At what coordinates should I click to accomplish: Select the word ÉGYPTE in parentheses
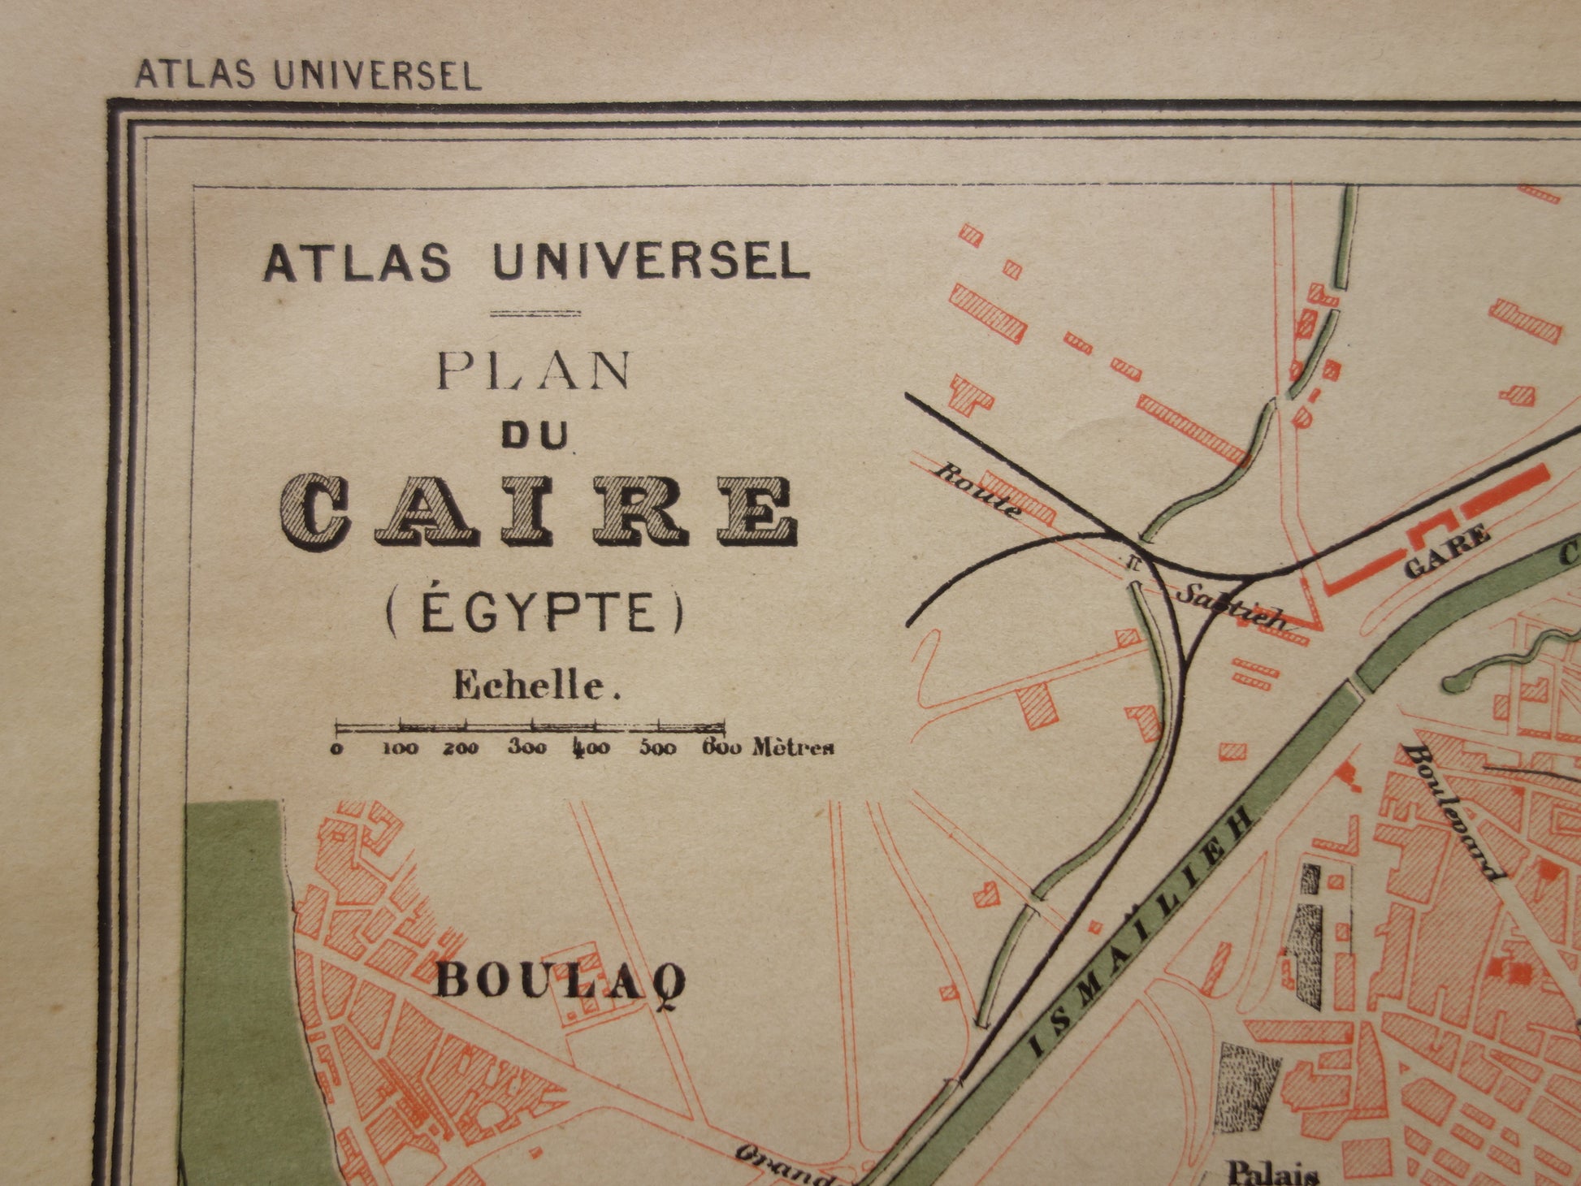click(x=534, y=612)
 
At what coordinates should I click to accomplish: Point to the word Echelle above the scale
click(x=537, y=686)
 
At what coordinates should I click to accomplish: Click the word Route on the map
click(x=979, y=490)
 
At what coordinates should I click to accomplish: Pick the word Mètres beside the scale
click(x=793, y=747)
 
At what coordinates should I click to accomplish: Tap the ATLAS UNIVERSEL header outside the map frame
click(x=308, y=75)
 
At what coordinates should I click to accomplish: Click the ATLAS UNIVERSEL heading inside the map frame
click(x=537, y=264)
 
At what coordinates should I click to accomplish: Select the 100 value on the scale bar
click(x=400, y=749)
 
